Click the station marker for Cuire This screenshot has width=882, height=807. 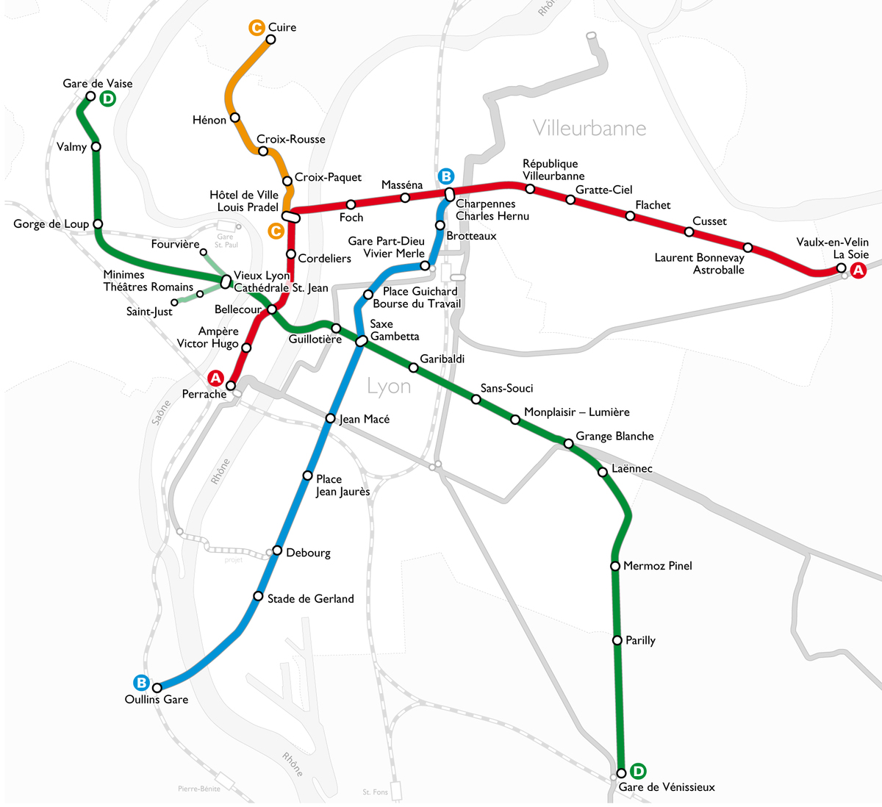pyautogui.click(x=270, y=40)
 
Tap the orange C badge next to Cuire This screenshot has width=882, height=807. pyautogui.click(x=256, y=28)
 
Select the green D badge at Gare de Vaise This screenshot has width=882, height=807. pyautogui.click(x=108, y=98)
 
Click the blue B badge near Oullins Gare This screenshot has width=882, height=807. pyautogui.click(x=141, y=682)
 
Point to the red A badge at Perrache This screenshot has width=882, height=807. pyautogui.click(x=215, y=378)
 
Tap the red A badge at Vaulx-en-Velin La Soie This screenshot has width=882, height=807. pyautogui.click(x=858, y=270)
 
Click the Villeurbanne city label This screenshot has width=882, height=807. pyautogui.click(x=589, y=128)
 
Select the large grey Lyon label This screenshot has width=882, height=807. pyautogui.click(x=389, y=387)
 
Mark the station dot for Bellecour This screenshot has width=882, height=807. pyautogui.click(x=272, y=309)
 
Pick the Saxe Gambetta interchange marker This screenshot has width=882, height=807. pyautogui.click(x=362, y=341)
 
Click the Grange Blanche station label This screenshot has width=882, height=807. pyautogui.click(x=614, y=436)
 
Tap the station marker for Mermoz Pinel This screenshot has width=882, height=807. pyautogui.click(x=615, y=566)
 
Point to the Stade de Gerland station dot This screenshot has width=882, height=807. pyautogui.click(x=258, y=596)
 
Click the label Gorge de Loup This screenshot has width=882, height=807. pyautogui.click(x=51, y=224)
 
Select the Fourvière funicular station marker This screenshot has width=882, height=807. pyautogui.click(x=204, y=252)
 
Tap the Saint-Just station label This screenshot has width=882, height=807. pyautogui.click(x=149, y=312)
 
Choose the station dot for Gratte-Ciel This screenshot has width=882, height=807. pyautogui.click(x=570, y=200)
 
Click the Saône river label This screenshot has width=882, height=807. pyautogui.click(x=161, y=412)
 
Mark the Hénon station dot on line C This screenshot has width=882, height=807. pyautogui.click(x=235, y=118)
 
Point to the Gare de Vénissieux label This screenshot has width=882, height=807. pyautogui.click(x=667, y=787)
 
